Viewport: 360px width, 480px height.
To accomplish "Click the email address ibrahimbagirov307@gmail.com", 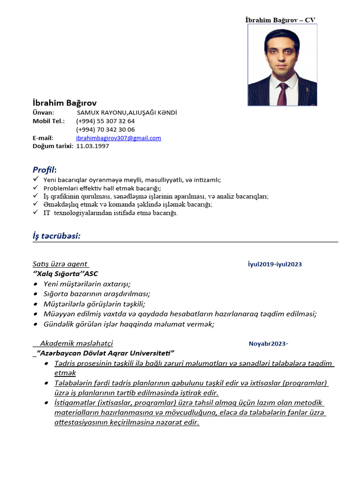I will pyautogui.click(x=119, y=138).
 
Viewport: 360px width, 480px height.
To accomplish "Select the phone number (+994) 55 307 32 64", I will pyautogui.click(x=105, y=121).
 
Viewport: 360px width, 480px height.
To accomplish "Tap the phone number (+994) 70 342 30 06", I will pyautogui.click(x=105, y=129).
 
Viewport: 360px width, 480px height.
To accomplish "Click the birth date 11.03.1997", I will pyautogui.click(x=92, y=146).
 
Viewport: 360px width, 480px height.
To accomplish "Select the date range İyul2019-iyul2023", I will pyautogui.click(x=275, y=264).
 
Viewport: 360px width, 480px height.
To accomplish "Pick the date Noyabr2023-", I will pyautogui.click(x=268, y=344).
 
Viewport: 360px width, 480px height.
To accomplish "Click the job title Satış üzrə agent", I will pyautogui.click(x=60, y=264).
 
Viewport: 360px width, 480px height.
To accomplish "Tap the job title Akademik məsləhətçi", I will pyautogui.click(x=76, y=343).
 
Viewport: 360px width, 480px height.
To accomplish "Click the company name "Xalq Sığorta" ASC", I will pyautogui.click(x=65, y=274).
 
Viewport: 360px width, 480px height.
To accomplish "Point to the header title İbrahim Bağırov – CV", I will pyautogui.click(x=280, y=20).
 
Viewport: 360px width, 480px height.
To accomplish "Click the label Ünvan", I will pyautogui.click(x=43, y=112).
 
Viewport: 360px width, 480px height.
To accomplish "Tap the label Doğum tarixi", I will pyautogui.click(x=52, y=146).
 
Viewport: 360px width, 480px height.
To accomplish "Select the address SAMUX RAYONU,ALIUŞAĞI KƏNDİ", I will pyautogui.click(x=127, y=112).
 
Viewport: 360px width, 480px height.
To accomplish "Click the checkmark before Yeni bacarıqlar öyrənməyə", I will pyautogui.click(x=36, y=180).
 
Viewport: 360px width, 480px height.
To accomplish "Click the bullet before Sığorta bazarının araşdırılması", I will pyautogui.click(x=36, y=294).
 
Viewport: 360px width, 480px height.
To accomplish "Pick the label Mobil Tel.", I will pyautogui.click(x=48, y=121).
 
